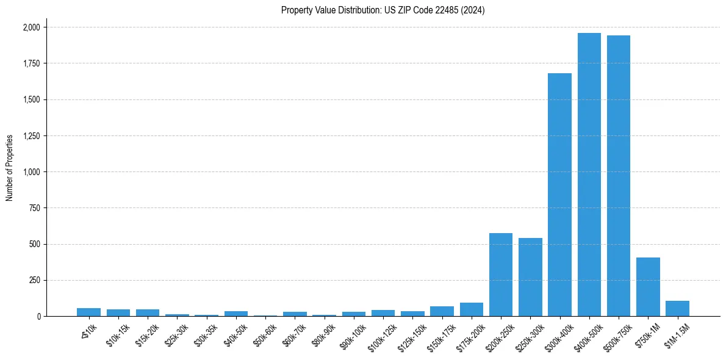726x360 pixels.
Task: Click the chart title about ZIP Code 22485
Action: (383, 10)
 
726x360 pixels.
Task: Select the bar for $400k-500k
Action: (589, 175)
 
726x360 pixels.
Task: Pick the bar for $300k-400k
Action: (559, 195)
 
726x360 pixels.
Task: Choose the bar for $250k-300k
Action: (530, 277)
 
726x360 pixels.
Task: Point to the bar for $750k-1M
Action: (648, 287)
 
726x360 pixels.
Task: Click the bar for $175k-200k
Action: (472, 309)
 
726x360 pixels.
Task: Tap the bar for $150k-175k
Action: (442, 311)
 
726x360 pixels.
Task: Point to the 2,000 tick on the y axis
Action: (32, 27)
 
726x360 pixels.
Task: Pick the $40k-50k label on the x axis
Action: (236, 334)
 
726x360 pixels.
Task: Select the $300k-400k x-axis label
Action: (558, 336)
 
